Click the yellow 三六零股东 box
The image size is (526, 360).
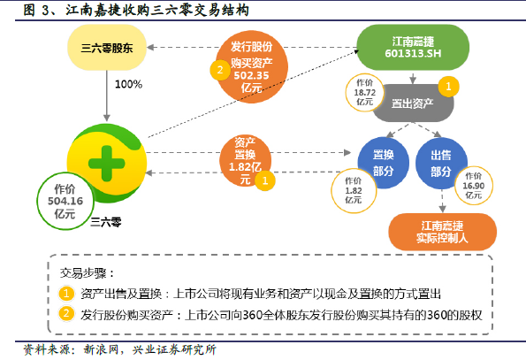click(x=107, y=48)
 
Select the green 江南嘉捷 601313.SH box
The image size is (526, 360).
click(x=413, y=47)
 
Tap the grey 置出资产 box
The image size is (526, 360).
click(x=414, y=103)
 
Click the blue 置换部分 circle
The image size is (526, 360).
click(x=384, y=163)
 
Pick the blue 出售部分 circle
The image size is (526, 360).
click(x=441, y=163)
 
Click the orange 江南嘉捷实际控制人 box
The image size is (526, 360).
click(x=443, y=232)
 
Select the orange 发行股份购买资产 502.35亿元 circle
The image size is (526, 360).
click(x=252, y=66)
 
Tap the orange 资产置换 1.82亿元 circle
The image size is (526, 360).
click(x=245, y=161)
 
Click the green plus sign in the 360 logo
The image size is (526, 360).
click(x=107, y=164)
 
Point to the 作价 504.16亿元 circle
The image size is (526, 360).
click(x=65, y=201)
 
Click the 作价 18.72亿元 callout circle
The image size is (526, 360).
click(x=364, y=92)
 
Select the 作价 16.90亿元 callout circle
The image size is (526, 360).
click(x=474, y=186)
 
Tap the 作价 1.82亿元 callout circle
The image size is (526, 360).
click(x=354, y=190)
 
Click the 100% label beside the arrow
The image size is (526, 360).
click(x=128, y=84)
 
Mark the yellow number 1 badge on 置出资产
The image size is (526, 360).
click(x=448, y=87)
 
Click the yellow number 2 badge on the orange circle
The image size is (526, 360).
click(x=220, y=70)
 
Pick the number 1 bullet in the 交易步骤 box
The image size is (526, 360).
click(x=66, y=294)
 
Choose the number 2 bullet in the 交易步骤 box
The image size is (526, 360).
click(x=66, y=314)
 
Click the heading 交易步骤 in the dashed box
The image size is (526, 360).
click(x=88, y=273)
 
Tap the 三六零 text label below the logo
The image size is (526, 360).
click(x=106, y=222)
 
